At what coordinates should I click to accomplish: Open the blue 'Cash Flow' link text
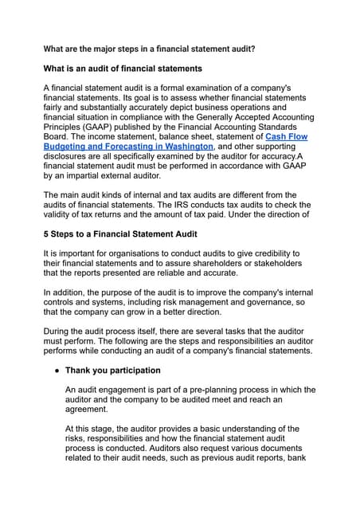[x=287, y=137]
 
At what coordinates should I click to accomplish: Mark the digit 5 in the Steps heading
[x=47, y=234]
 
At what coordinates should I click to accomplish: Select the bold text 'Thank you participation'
[x=113, y=371]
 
